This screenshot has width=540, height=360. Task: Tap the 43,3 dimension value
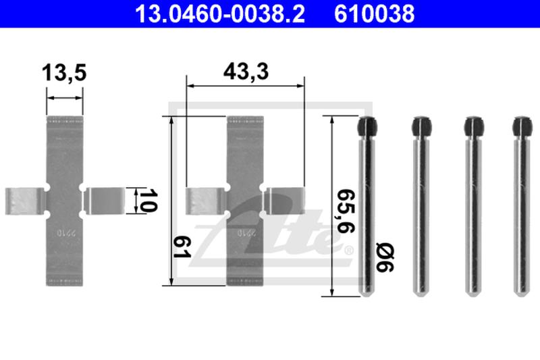244,72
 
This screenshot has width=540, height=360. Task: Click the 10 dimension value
144,201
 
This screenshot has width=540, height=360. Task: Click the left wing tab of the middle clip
206,201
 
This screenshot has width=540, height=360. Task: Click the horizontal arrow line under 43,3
244,86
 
